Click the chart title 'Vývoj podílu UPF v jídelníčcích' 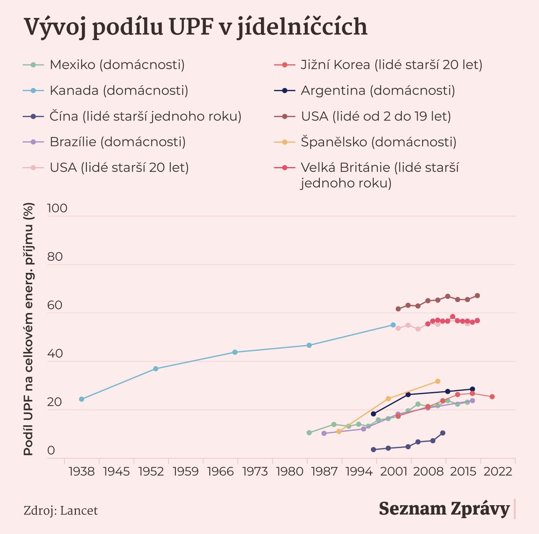[x=195, y=27]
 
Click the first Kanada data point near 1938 [x=81, y=399]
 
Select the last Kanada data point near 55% [x=393, y=324]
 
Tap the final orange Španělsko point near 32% [x=437, y=381]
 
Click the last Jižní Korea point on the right [x=492, y=397]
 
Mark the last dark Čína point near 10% [x=442, y=433]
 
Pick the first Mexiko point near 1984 [x=309, y=433]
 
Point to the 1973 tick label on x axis [x=255, y=472]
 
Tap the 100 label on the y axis [x=57, y=208]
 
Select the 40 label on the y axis [x=55, y=354]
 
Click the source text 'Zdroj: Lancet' [x=61, y=511]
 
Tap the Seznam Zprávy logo [x=444, y=508]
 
